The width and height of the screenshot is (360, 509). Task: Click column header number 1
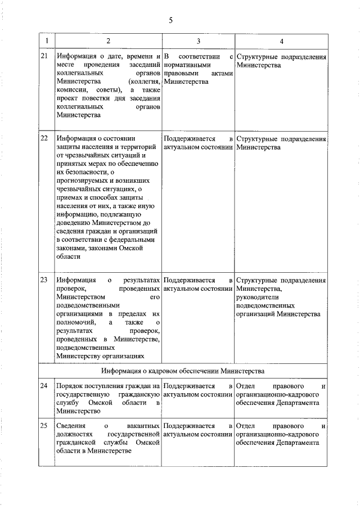(47, 42)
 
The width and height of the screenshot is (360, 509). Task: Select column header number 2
(108, 42)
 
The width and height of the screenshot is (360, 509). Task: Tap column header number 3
(199, 42)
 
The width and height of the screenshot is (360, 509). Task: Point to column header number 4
(281, 42)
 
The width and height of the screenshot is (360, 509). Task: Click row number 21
(44, 57)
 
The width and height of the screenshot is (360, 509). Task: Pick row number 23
(44, 280)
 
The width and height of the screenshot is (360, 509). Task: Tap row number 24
(44, 387)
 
